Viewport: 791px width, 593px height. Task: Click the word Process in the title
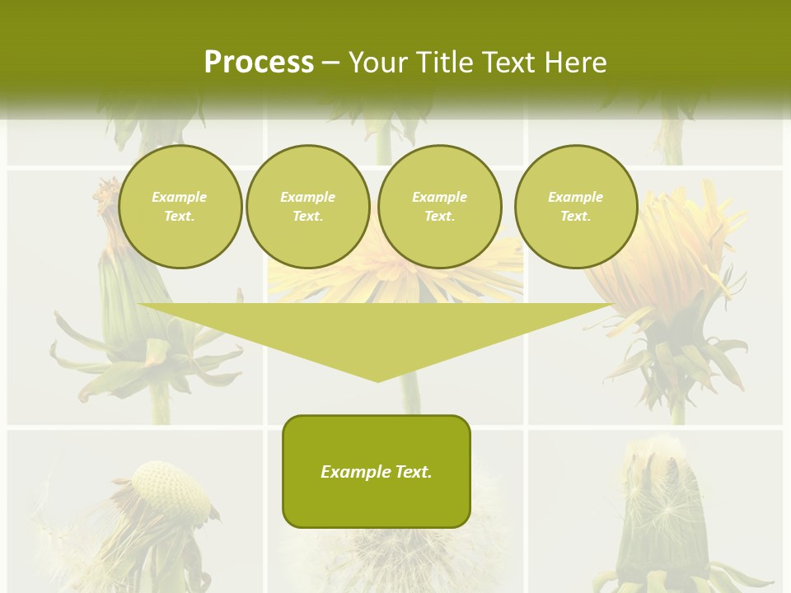[259, 63]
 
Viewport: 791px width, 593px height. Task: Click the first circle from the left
[180, 207]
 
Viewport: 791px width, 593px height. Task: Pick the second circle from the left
[307, 207]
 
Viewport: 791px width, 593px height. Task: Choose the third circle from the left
[439, 207]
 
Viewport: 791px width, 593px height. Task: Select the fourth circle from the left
[576, 207]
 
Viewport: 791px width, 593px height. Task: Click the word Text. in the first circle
[180, 217]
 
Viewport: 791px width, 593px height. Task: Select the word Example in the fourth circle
[576, 197]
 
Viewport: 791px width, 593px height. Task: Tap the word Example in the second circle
[307, 197]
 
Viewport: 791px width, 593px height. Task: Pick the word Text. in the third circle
[439, 217]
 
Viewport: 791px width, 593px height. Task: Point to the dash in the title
[330, 63]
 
